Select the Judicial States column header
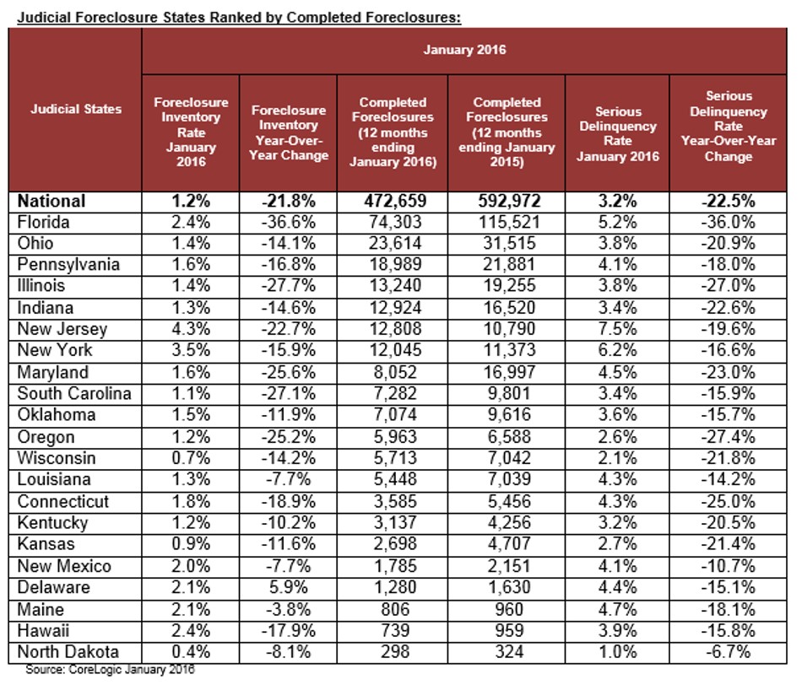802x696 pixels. click(x=76, y=108)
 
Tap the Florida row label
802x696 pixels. click(x=45, y=222)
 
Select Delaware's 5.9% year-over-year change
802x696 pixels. click(x=289, y=587)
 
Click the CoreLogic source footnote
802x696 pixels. click(x=111, y=670)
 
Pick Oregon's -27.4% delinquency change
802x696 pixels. click(x=729, y=437)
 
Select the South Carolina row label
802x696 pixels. click(x=75, y=394)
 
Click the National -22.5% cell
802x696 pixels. click(x=729, y=201)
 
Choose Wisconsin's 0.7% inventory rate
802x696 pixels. click(x=191, y=458)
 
